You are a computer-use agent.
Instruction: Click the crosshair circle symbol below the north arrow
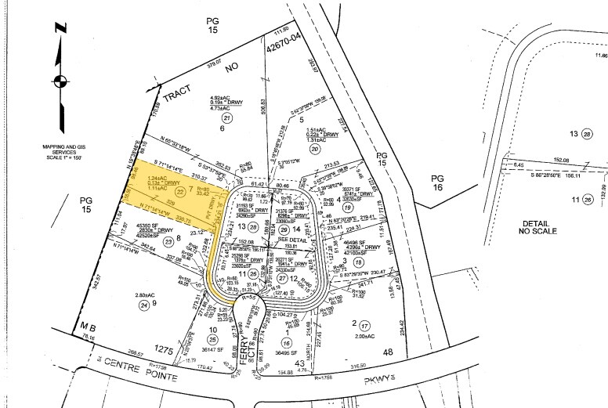[x=60, y=81]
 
